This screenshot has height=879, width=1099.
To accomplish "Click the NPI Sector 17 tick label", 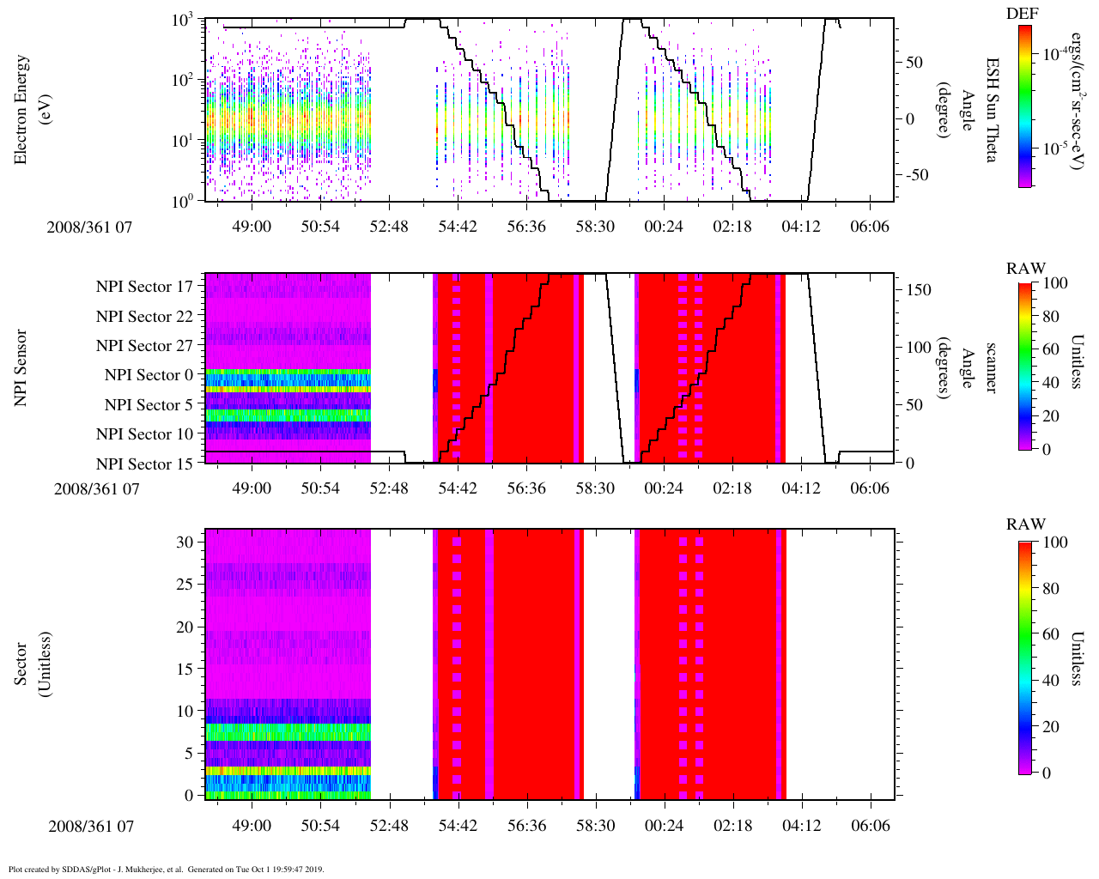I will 145,287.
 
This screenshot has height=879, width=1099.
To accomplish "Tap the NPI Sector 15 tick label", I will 145,464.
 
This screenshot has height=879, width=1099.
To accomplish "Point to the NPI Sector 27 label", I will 145,346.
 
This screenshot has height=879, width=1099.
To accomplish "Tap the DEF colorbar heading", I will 1022,14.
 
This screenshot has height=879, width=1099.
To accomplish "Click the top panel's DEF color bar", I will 1025,106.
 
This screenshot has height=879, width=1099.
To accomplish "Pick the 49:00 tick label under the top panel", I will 252,226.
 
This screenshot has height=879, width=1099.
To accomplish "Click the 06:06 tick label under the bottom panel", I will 870,826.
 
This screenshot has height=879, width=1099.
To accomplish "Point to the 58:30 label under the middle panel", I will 595,488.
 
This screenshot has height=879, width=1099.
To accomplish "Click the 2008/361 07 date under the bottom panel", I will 91,826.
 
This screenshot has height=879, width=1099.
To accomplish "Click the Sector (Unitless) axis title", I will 33,664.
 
